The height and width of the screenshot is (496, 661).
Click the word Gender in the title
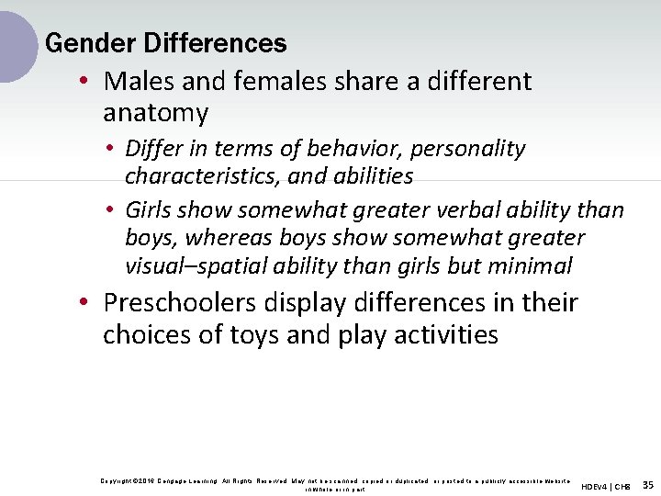78,43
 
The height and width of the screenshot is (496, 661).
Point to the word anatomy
155,113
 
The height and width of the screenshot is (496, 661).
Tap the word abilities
371,175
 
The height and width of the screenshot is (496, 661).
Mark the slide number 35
648,485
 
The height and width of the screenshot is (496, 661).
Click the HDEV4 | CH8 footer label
606,486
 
